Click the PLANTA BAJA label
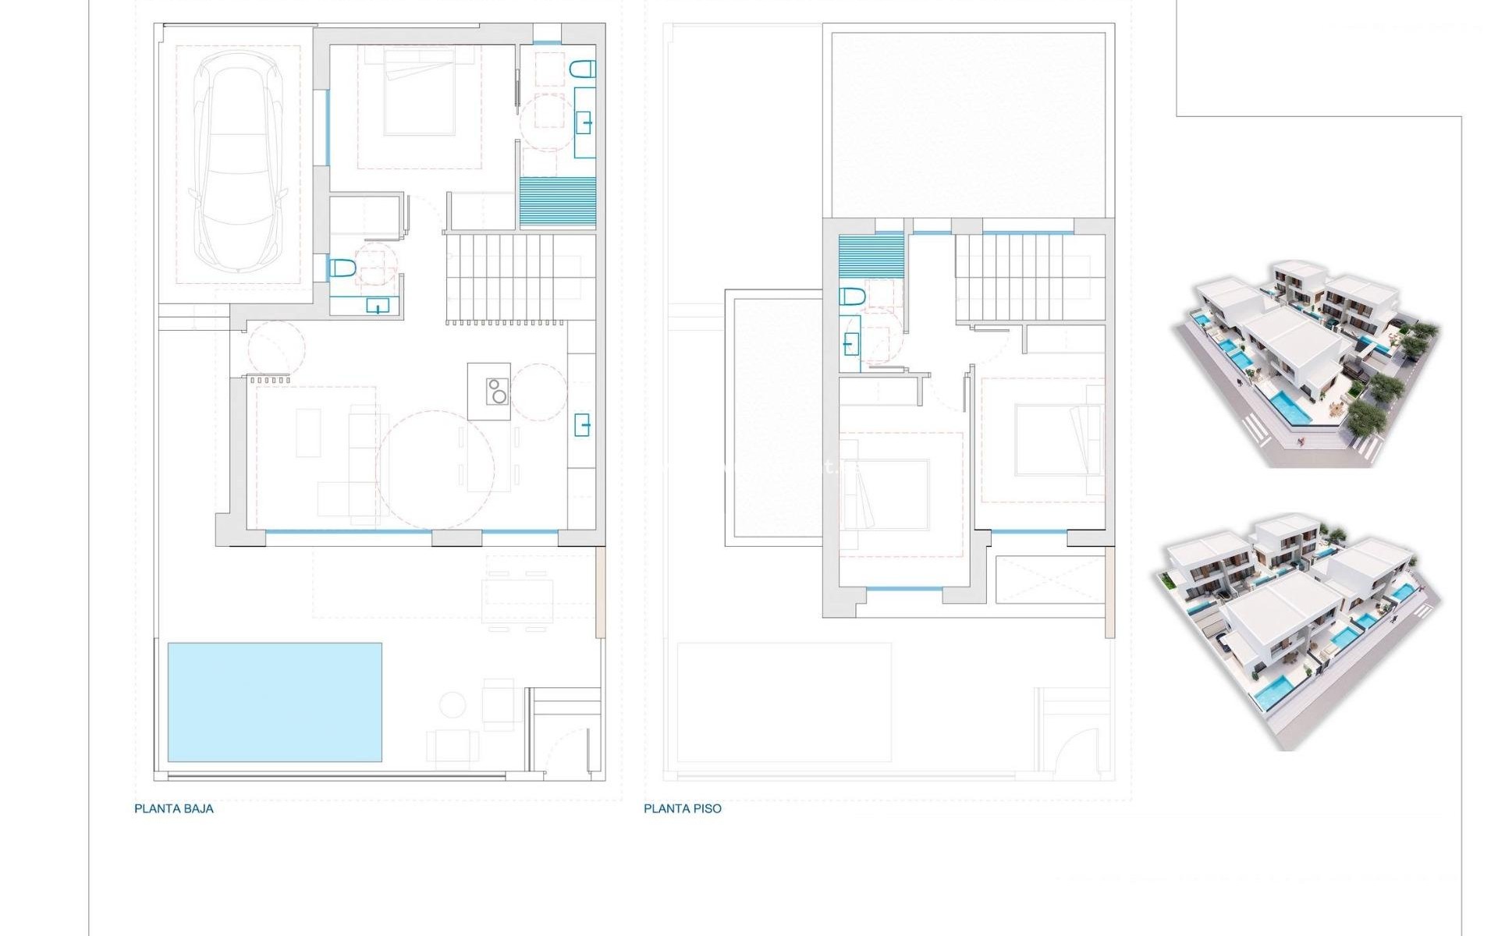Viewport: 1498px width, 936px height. click(x=174, y=809)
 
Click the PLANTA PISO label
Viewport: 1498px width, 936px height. click(x=683, y=809)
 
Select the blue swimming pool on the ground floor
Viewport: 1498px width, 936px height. click(x=275, y=702)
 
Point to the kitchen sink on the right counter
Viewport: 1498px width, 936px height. click(x=583, y=425)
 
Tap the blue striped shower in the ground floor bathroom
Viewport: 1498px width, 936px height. click(x=558, y=202)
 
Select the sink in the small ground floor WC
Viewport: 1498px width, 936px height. click(x=378, y=306)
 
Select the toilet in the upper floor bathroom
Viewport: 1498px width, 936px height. click(x=852, y=297)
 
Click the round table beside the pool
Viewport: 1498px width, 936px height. click(x=453, y=704)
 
